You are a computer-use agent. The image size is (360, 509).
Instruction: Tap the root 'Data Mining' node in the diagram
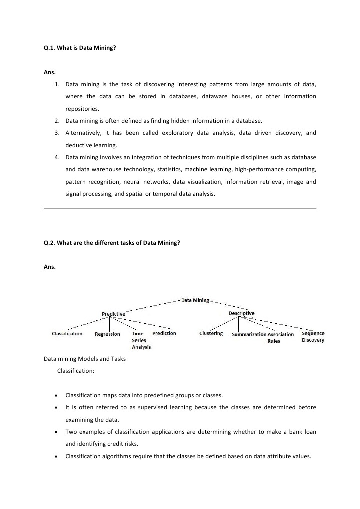(195, 300)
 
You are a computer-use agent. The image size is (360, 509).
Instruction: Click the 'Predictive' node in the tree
(113, 314)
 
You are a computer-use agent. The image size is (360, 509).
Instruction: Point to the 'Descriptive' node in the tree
(241, 313)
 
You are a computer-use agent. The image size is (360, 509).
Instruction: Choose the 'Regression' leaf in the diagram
(107, 334)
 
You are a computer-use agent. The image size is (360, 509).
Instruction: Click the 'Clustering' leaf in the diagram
(211, 333)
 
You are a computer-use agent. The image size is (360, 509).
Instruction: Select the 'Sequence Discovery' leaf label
(313, 337)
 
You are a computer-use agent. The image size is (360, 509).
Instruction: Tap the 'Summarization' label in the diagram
(249, 334)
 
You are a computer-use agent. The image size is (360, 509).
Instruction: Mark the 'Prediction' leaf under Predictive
(164, 333)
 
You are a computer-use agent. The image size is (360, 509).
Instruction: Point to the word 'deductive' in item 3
(78, 145)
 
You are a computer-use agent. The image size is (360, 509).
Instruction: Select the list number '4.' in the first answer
(58, 157)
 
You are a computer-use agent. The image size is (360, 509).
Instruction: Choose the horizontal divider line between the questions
(180, 208)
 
